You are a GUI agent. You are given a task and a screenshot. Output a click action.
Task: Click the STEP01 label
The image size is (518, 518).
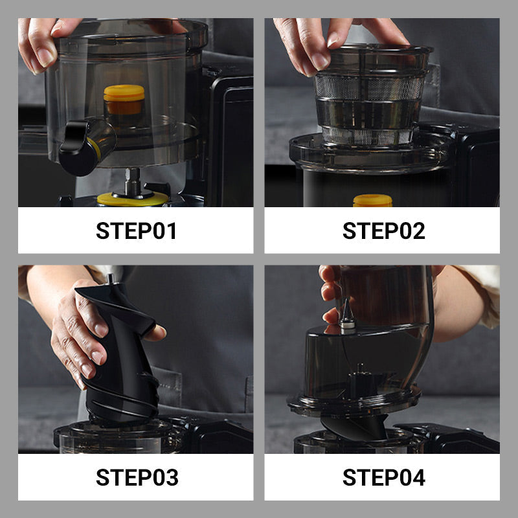pos(136,231)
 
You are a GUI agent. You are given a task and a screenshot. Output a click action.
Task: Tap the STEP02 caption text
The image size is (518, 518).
pos(383,231)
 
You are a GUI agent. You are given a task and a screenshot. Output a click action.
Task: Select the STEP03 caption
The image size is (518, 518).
pos(137,477)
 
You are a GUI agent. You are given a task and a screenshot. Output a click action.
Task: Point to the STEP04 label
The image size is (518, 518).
pos(383,477)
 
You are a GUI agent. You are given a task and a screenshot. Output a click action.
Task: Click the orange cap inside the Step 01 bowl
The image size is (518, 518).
pos(124,100)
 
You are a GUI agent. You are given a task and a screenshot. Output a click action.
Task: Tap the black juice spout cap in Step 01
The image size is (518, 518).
pos(78,148)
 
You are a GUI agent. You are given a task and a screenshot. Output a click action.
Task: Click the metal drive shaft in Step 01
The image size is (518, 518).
pos(133,181)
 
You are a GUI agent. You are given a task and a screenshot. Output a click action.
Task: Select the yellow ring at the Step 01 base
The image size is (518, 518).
pos(132,199)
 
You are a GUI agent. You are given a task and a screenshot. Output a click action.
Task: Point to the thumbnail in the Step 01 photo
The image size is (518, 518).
pos(45,58)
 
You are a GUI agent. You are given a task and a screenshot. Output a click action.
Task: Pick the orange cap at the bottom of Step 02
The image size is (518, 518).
pos(373,201)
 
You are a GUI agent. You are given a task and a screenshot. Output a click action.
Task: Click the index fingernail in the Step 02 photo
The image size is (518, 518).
pos(319,62)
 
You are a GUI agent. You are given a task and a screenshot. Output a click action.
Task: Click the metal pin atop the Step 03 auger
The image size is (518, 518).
pos(110,279)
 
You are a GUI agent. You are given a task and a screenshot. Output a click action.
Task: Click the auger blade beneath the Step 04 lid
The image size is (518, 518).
pos(355,426)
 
